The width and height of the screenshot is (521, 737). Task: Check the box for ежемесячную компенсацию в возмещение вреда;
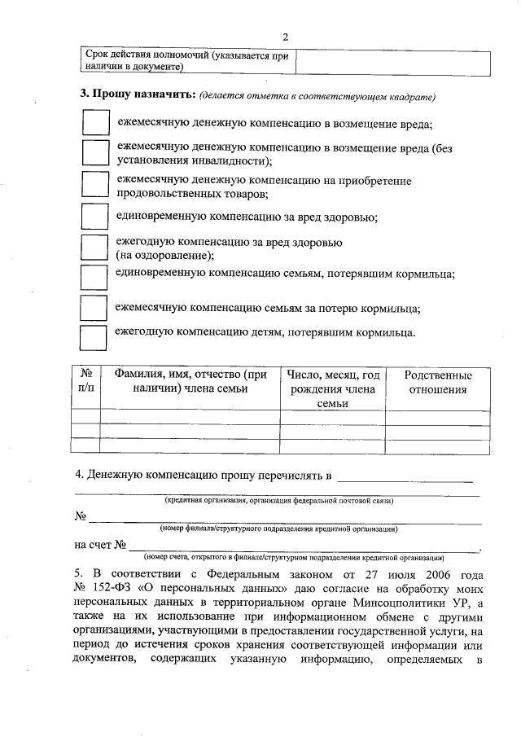[95, 123]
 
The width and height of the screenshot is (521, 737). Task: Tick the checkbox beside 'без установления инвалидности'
[95, 154]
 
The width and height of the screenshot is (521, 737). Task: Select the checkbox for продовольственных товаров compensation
[95, 186]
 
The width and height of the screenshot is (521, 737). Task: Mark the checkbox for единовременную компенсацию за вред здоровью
[95, 217]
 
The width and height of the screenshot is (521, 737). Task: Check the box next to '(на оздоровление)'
[95, 248]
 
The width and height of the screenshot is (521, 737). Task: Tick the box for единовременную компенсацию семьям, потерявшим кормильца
[95, 276]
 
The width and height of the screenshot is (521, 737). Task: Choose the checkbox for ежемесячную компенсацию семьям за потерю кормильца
[95, 309]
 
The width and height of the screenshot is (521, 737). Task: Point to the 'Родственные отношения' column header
[437, 382]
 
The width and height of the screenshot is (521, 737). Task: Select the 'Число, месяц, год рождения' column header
[334, 388]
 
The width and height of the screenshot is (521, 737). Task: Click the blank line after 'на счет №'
[305, 546]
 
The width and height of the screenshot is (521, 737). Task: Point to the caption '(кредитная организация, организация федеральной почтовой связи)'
[279, 499]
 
